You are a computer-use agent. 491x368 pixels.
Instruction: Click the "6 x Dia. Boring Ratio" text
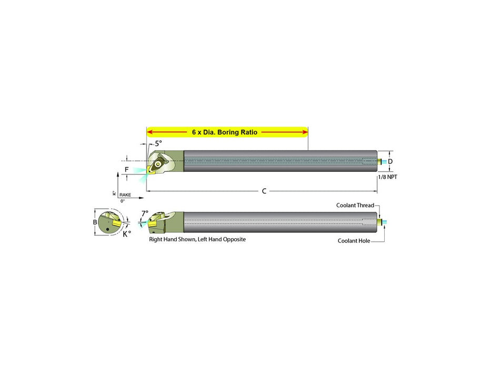[x=225, y=132]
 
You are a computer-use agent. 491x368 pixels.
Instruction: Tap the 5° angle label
[x=158, y=144]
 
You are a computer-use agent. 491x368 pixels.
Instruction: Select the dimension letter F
[x=126, y=169]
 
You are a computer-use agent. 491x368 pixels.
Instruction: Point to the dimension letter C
[x=264, y=191]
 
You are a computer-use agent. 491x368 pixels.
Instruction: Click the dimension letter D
[x=390, y=161]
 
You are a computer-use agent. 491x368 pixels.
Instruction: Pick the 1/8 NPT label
[x=388, y=177]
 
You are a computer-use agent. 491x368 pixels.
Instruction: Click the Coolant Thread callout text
[x=355, y=205]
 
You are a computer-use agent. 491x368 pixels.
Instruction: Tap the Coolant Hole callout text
[x=354, y=241]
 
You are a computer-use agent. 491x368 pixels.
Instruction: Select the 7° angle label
[x=145, y=213]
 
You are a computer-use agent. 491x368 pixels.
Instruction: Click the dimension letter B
[x=95, y=222]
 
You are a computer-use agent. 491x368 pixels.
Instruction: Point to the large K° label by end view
[x=127, y=234]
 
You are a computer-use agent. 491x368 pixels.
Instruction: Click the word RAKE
[x=125, y=195]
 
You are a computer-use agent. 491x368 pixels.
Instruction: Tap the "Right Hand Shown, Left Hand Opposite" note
[x=197, y=239]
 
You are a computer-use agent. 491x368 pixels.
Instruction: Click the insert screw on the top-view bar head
[x=158, y=163]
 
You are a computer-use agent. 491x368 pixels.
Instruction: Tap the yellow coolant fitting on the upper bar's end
[x=379, y=161]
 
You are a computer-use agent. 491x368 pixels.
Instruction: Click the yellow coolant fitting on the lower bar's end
[x=379, y=222]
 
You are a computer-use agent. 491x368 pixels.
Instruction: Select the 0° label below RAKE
[x=123, y=201]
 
